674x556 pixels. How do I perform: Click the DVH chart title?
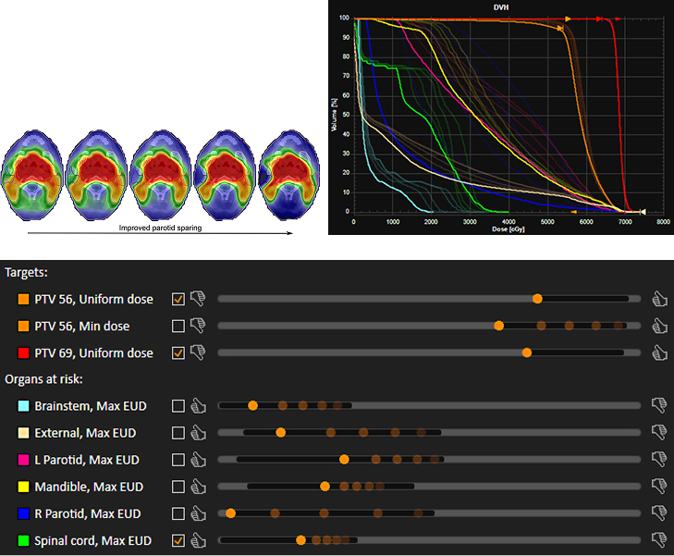point(501,7)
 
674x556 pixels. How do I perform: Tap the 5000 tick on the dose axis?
point(547,222)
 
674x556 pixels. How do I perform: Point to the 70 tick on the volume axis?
point(346,76)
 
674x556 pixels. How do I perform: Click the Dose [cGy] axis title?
point(509,229)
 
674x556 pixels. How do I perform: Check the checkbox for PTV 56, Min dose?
point(178,326)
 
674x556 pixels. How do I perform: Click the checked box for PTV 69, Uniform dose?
point(178,353)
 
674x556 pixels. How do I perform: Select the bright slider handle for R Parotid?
point(230,513)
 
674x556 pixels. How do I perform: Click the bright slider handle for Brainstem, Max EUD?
point(252,405)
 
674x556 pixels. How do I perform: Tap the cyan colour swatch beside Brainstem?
point(23,406)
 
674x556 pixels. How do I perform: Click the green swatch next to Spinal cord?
point(23,540)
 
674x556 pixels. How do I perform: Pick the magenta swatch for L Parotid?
point(23,460)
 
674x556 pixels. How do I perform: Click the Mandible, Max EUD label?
point(89,487)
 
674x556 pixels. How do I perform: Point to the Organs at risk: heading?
point(43,379)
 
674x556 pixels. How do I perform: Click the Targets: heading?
point(26,273)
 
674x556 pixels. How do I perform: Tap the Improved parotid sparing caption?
point(160,228)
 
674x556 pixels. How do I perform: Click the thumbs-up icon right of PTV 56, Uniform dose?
point(659,299)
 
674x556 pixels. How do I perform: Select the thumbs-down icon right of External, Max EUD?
point(659,432)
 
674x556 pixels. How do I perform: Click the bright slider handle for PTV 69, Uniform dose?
point(527,352)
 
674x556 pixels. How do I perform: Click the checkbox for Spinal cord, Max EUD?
point(178,540)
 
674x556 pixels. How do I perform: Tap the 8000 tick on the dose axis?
point(663,222)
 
